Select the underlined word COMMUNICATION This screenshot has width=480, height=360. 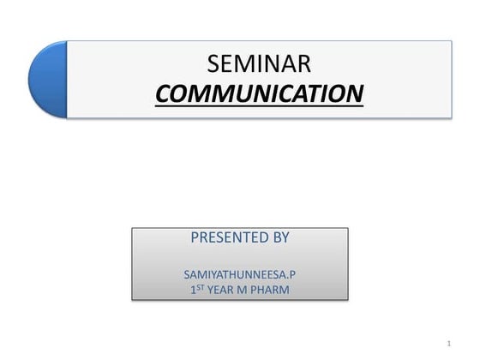[260, 92]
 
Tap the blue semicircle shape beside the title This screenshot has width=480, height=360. [48, 80]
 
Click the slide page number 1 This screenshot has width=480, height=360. [449, 344]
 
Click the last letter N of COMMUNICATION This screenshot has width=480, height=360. [354, 92]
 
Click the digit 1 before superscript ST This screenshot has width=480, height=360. [193, 290]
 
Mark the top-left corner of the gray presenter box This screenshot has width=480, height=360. [132, 228]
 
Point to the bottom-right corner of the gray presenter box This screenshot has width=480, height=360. [348, 299]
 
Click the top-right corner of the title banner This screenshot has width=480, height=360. [451, 41]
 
